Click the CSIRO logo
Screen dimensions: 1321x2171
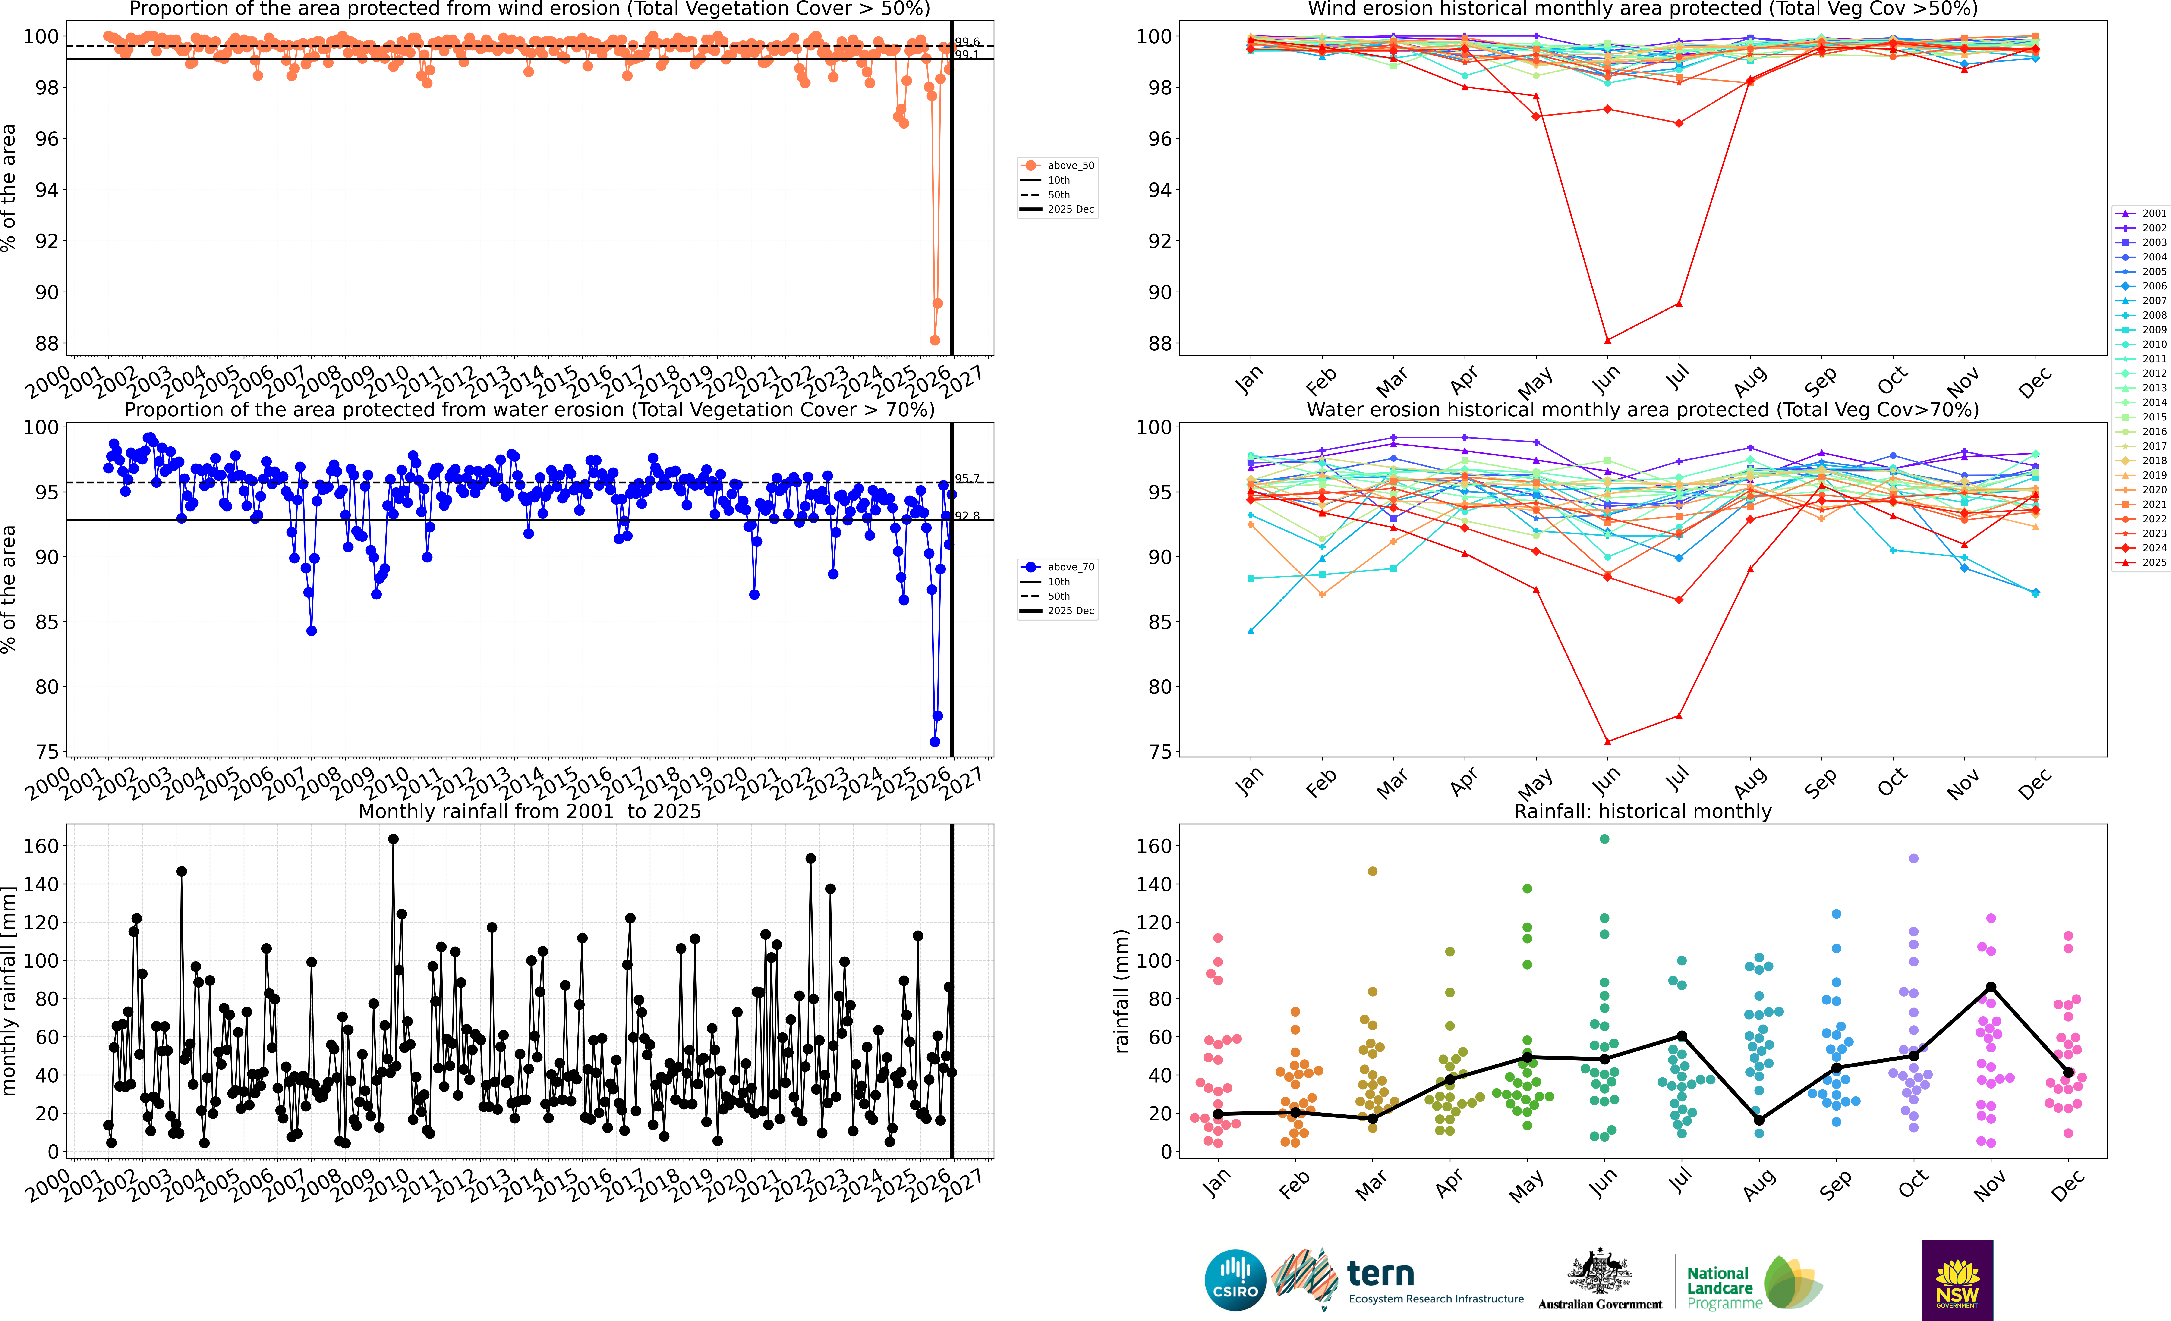(1234, 1280)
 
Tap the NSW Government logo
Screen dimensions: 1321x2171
(1957, 1280)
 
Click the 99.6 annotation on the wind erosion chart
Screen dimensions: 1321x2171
(967, 41)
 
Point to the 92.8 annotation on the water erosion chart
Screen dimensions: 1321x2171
(967, 516)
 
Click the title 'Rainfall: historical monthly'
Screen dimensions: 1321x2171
(1642, 811)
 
